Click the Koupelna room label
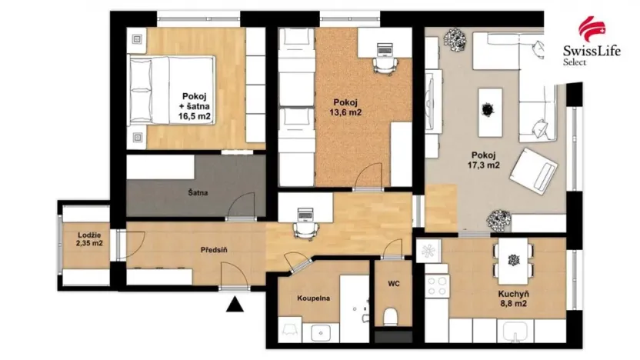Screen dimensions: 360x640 [x=314, y=298]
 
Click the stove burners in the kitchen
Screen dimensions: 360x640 [x=436, y=285]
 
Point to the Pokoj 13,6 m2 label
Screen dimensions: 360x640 [x=348, y=107]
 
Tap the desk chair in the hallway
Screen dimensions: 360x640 [x=304, y=229]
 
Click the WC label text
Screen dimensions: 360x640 [x=393, y=284]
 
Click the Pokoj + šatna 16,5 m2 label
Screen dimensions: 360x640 [x=195, y=106]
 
